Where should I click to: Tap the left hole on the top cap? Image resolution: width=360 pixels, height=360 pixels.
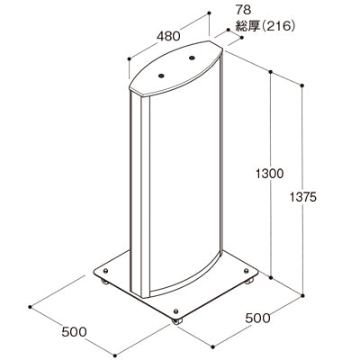tap(163, 74)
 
